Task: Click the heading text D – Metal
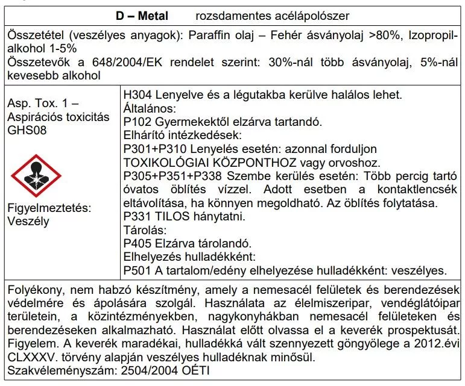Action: coord(142,14)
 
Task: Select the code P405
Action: coord(137,243)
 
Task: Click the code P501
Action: coord(137,270)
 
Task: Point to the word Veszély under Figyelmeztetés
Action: coord(28,220)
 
